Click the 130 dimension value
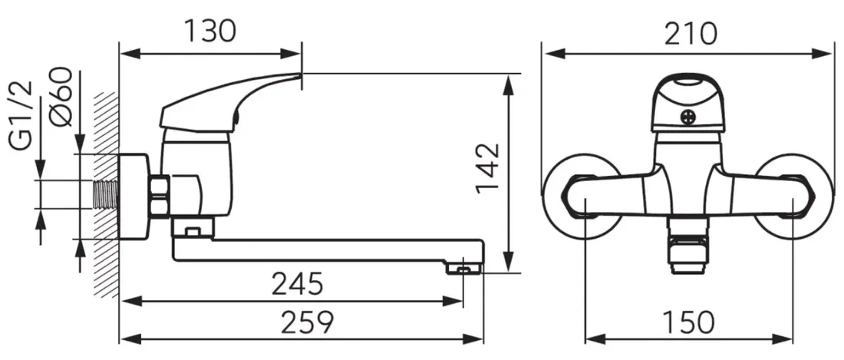210,31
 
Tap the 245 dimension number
297,283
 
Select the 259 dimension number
308,322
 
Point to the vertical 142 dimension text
488,167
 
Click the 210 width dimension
691,34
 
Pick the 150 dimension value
688,322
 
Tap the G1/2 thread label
21,116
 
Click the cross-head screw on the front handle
688,117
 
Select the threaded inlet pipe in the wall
106,194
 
